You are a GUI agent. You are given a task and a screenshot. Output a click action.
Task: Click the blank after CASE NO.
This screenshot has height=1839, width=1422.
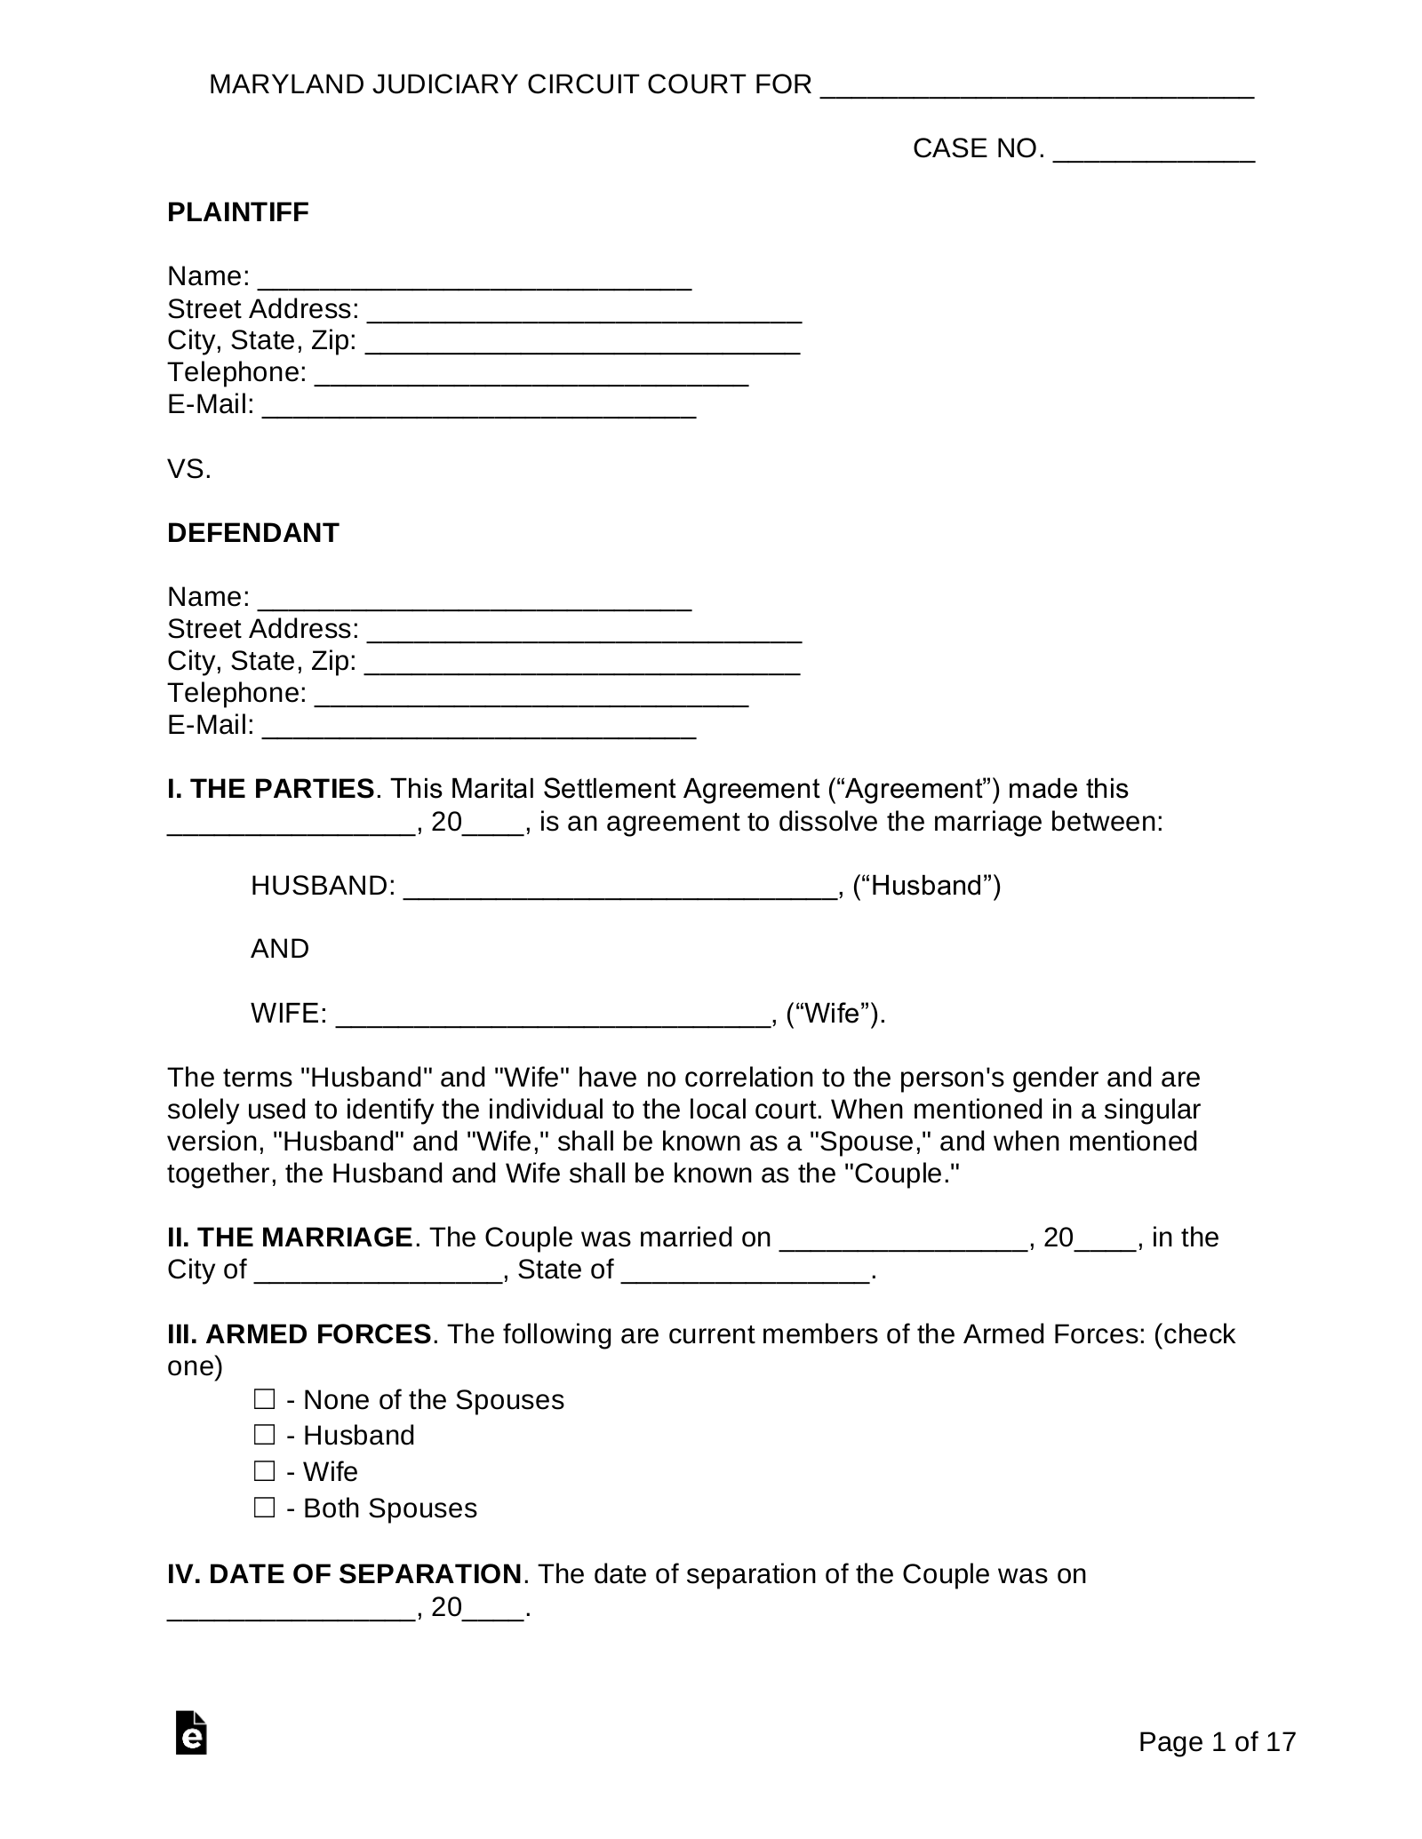click(1153, 150)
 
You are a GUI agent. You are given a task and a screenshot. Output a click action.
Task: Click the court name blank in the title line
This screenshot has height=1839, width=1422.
click(1036, 86)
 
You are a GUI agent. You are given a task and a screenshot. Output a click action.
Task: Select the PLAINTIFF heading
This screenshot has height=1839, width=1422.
click(237, 212)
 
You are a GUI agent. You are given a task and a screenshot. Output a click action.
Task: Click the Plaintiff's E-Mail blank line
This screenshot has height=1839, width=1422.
click(480, 406)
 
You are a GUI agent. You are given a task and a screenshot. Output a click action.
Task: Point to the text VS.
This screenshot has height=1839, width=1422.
click(189, 469)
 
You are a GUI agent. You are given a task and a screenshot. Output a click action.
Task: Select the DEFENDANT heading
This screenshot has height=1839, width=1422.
click(252, 533)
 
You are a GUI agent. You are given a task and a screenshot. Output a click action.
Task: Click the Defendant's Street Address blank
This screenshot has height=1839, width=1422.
click(584, 631)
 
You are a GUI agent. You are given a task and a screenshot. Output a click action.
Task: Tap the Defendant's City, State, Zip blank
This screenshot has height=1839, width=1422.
click(582, 663)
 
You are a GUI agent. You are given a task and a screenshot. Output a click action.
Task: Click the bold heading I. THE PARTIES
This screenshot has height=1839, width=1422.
click(270, 789)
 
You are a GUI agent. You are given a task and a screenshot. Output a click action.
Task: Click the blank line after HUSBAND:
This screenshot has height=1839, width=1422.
click(619, 887)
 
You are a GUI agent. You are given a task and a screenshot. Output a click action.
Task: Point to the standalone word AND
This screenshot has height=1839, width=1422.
click(279, 949)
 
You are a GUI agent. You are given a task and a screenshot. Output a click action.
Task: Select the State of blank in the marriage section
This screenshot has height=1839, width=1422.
click(745, 1271)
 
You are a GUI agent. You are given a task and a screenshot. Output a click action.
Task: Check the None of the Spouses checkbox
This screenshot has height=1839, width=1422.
click(264, 1400)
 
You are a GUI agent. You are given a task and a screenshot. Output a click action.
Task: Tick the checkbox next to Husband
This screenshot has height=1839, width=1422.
click(264, 1436)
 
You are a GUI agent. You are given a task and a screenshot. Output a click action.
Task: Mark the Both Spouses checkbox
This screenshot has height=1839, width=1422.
click(264, 1509)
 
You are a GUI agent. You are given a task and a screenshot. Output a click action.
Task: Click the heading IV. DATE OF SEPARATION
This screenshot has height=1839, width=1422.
click(344, 1574)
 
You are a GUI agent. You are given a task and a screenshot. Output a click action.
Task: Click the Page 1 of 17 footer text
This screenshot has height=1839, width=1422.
click(1217, 1742)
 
